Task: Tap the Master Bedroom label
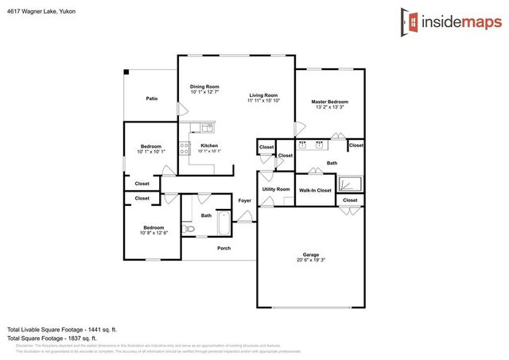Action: tap(329, 102)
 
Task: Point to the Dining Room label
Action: tap(204, 86)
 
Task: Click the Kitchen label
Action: tap(209, 145)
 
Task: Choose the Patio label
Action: tap(151, 99)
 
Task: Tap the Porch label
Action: tap(224, 248)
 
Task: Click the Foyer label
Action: tap(245, 200)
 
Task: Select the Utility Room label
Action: tap(276, 189)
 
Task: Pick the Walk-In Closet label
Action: tap(315, 191)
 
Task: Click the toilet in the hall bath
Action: tap(188, 229)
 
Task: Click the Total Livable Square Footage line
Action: tap(62, 329)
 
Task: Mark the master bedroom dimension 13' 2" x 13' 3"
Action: tap(329, 107)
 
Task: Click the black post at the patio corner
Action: tap(126, 72)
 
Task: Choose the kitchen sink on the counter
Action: tap(206, 127)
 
